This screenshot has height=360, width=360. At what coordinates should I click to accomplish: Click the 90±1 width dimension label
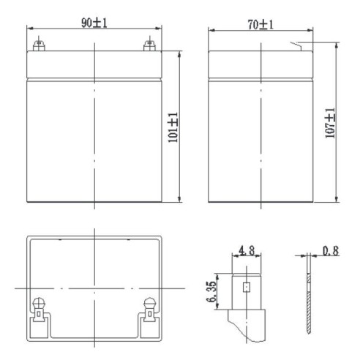pos(94,23)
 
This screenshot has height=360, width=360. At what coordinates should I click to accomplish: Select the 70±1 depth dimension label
pos(260,25)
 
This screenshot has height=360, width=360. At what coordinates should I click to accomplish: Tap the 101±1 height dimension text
pos(173,127)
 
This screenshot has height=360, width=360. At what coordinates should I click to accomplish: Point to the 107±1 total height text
pos(330,123)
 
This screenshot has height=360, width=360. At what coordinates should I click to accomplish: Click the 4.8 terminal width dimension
pos(247,250)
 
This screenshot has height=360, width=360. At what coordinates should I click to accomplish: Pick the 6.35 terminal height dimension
pos(211,292)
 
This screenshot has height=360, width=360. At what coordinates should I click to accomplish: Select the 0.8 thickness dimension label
pos(331,251)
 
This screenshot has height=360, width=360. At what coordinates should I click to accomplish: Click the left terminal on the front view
pos(39,45)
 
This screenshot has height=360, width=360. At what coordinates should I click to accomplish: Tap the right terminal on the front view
pos(149,45)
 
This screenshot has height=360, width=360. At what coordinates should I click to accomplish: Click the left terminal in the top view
pos(39,309)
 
